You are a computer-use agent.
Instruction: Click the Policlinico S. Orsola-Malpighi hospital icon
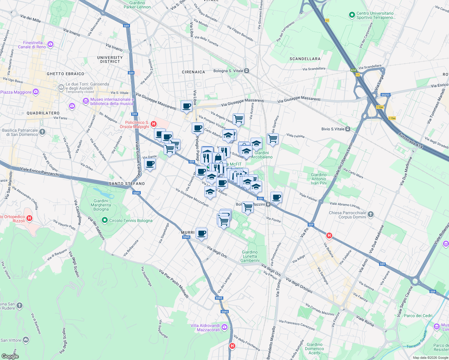point(154,124)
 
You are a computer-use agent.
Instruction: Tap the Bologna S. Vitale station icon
point(246,71)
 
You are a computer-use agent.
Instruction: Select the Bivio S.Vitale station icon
point(348,129)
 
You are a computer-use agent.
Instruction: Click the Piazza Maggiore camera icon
point(36,92)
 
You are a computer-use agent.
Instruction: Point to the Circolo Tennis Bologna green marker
point(104,220)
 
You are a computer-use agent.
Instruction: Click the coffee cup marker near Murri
point(202,233)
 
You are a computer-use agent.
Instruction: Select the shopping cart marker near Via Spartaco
point(273,139)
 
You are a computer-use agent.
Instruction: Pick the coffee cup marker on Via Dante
point(150,164)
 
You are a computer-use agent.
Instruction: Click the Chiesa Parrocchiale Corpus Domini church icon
point(371,214)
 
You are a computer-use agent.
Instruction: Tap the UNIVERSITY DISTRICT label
point(110,59)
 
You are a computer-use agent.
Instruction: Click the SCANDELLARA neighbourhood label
point(305,59)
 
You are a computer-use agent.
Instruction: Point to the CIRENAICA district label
point(193,72)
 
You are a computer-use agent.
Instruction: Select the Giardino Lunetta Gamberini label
point(250,256)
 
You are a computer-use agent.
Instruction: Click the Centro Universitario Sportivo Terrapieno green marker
point(352,15)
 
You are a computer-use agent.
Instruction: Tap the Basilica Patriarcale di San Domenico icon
point(42,132)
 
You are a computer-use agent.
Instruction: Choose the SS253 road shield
point(385,95)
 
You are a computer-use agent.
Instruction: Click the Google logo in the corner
point(10,356)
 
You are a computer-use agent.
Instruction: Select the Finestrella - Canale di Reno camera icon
point(50,44)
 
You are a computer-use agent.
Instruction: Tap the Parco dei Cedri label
point(418,316)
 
